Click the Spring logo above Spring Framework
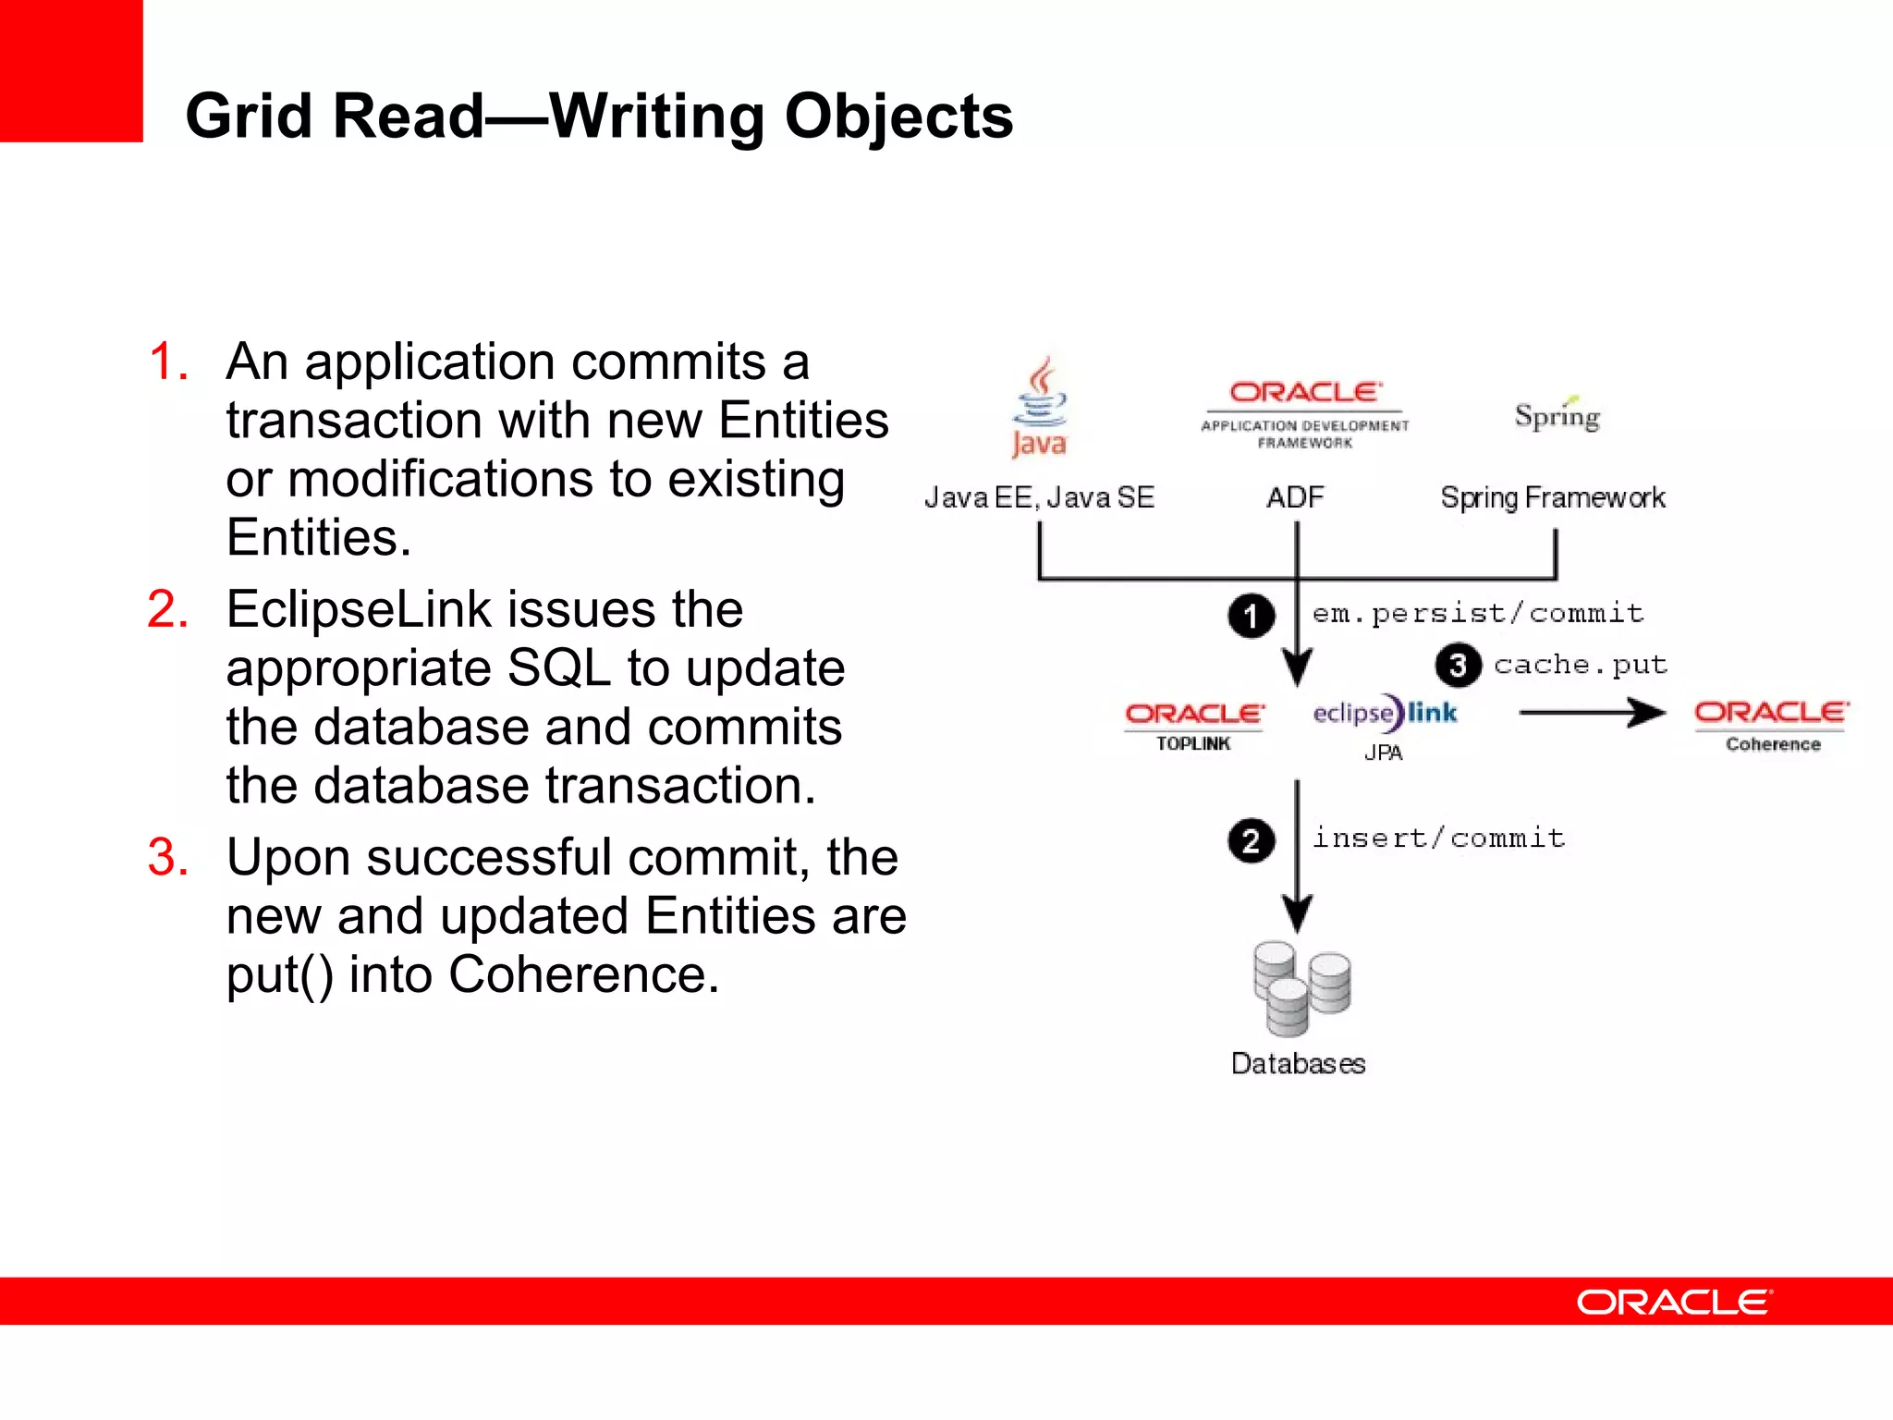coord(1557,415)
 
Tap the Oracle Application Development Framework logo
coord(1305,414)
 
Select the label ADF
coord(1295,497)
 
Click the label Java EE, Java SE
coord(1039,497)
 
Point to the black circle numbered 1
coord(1251,616)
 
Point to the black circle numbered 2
coord(1251,840)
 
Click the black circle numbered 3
coord(1458,666)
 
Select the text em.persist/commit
coord(1477,613)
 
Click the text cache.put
coord(1580,665)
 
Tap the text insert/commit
coord(1438,838)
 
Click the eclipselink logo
coord(1384,713)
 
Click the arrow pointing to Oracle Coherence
coord(1592,712)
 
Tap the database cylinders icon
coord(1301,988)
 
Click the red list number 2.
coord(167,610)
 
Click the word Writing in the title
coord(657,116)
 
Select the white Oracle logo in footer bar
coord(1674,1302)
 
